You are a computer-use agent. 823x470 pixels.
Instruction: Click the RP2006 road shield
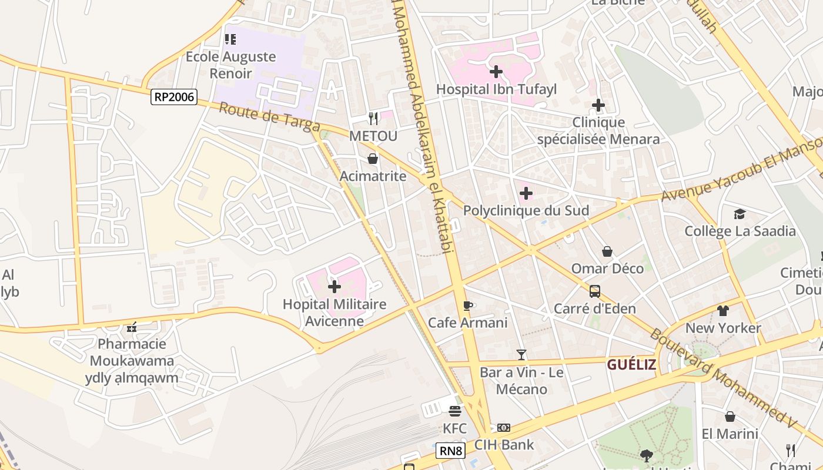(173, 97)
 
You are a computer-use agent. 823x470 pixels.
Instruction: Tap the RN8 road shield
(451, 451)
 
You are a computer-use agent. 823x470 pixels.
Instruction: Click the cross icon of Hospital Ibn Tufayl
(496, 72)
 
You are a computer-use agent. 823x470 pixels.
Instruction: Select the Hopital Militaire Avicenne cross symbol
(334, 287)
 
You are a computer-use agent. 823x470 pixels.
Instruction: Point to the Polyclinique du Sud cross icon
(526, 193)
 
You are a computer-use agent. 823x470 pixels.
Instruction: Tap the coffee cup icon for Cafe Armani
(468, 305)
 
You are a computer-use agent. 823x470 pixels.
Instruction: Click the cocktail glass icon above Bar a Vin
(521, 354)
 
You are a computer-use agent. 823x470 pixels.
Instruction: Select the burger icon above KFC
(455, 411)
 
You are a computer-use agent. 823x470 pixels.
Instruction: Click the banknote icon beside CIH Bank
(504, 428)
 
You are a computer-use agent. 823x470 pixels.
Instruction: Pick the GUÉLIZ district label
(631, 365)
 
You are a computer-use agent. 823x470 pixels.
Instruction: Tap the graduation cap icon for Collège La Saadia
(740, 214)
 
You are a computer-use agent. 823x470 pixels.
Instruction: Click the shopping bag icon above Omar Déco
(607, 251)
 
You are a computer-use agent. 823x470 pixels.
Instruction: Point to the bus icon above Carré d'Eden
(594, 291)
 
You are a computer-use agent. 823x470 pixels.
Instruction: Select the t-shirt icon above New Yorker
(722, 311)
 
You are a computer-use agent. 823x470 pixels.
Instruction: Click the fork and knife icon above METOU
(373, 119)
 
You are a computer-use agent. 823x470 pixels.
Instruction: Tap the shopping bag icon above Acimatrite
(373, 159)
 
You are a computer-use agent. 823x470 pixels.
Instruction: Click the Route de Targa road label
(270, 117)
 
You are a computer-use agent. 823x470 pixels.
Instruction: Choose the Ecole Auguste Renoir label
(231, 65)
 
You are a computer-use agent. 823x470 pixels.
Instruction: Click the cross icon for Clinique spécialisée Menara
(598, 106)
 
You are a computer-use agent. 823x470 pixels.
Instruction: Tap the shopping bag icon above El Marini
(730, 417)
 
